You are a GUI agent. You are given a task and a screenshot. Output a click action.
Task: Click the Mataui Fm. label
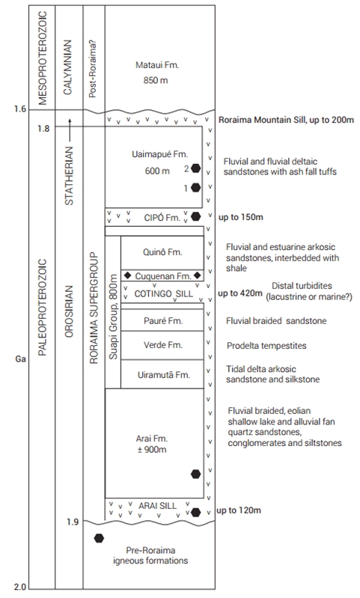(x=157, y=65)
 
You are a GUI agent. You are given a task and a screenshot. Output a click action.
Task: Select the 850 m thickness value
(x=156, y=81)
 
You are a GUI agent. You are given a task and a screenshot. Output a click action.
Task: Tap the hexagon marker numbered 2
(x=195, y=168)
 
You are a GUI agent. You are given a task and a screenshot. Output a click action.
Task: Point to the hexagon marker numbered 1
(x=195, y=187)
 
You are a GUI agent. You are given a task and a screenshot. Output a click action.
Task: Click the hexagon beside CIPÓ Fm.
(x=195, y=216)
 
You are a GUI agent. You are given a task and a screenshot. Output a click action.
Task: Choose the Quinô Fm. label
(x=162, y=252)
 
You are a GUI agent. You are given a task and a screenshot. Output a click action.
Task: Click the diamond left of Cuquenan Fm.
(x=128, y=275)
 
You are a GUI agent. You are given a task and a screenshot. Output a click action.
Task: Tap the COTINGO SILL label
(x=164, y=293)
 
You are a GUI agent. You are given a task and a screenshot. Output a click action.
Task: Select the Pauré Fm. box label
(x=163, y=321)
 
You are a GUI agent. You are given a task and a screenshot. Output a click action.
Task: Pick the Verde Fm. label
(x=163, y=345)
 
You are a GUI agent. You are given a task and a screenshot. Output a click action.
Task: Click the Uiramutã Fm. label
(x=164, y=374)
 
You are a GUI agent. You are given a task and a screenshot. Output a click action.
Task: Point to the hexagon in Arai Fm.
(x=195, y=474)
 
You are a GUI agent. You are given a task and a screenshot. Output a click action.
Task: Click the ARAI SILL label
(x=157, y=506)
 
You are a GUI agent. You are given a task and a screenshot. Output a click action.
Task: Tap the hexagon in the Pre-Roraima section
(x=99, y=538)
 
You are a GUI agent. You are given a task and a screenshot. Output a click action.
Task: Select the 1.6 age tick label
(x=20, y=109)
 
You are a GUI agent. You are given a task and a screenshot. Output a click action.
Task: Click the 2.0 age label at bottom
(x=20, y=588)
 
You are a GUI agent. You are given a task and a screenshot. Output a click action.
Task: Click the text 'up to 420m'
(x=240, y=293)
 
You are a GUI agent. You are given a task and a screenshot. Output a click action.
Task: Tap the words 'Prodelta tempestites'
(x=266, y=346)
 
